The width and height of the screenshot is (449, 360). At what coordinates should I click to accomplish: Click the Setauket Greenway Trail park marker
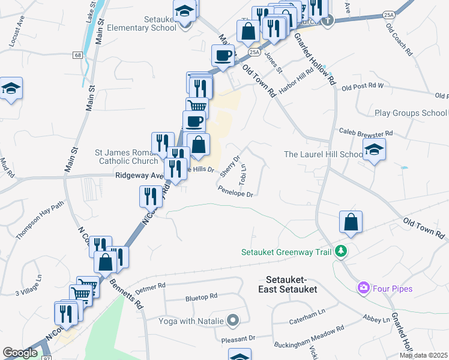[x=342, y=251]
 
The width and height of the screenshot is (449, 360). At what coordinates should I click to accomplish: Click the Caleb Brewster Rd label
[x=365, y=133]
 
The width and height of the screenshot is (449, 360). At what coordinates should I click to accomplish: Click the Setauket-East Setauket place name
[x=291, y=284]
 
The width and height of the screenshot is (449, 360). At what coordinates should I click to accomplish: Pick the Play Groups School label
[x=411, y=113]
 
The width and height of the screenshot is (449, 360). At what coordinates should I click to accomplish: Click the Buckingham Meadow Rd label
[x=309, y=337]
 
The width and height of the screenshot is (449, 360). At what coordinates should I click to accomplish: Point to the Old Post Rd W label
[x=362, y=87]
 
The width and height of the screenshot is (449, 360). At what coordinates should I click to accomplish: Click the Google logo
[x=20, y=353]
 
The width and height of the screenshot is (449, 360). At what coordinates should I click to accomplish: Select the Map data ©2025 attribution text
[x=423, y=355]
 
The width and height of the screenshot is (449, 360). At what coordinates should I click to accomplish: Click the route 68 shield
[x=78, y=55]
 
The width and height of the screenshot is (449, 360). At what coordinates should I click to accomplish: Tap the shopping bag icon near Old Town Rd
[x=351, y=223]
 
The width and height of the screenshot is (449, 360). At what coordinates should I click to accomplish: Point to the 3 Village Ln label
[x=30, y=286]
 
